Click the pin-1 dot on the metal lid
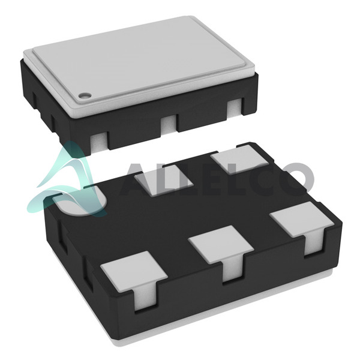tap(85, 95)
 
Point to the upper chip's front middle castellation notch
tap(169, 125)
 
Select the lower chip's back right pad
tap(239, 160)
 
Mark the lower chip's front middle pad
tap(221, 244)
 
